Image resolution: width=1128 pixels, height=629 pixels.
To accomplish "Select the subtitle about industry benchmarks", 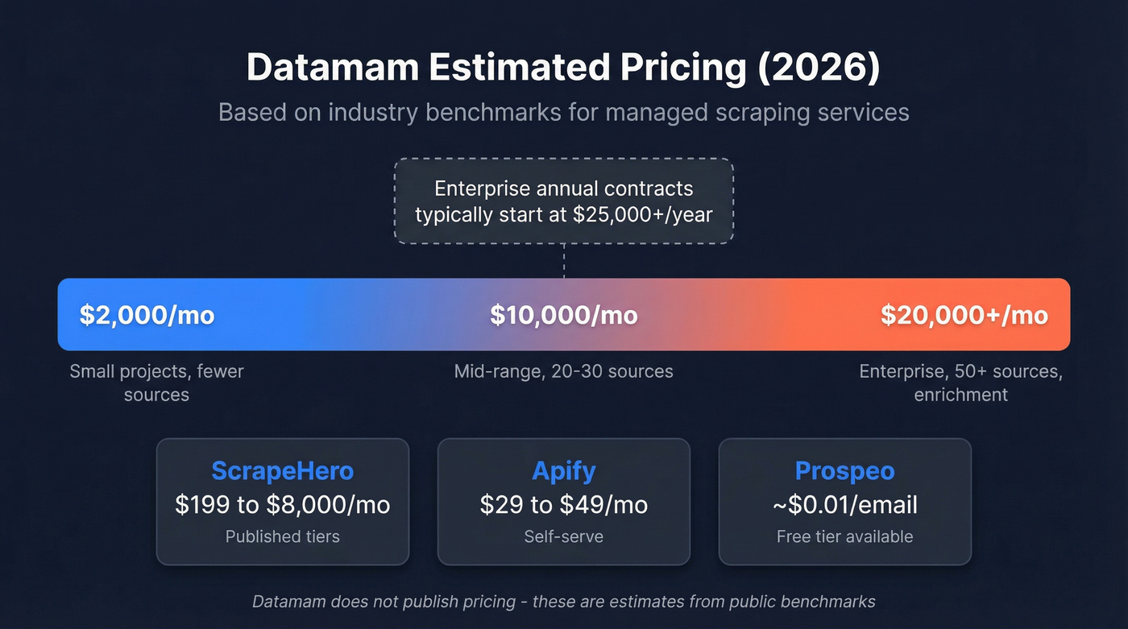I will (563, 111).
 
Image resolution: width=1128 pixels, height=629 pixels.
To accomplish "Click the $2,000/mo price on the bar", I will (147, 315).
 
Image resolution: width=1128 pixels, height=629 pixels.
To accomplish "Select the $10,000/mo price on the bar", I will (563, 315).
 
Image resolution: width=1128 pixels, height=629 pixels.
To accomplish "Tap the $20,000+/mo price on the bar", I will (964, 315).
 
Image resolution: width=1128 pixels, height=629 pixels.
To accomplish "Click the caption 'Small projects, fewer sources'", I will (156, 383).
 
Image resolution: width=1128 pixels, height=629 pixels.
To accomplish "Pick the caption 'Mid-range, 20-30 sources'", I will (563, 371).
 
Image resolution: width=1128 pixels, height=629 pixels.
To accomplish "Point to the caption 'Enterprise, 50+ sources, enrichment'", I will (960, 383).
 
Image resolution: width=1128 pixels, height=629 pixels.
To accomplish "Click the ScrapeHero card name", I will (282, 471).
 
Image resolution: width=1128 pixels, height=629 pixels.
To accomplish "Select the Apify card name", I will (563, 471).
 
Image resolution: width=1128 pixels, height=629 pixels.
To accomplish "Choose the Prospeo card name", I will (844, 471).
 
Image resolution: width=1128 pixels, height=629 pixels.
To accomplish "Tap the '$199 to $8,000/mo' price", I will (282, 505).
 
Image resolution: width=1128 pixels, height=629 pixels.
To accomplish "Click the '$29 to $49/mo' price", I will (563, 505).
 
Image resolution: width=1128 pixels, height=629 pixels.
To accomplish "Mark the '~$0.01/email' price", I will (844, 505).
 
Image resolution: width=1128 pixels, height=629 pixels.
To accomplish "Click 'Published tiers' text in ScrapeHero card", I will (282, 536).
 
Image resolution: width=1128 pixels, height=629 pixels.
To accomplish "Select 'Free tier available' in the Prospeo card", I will (844, 536).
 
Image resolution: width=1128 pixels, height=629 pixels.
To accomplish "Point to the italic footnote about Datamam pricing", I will (563, 602).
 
